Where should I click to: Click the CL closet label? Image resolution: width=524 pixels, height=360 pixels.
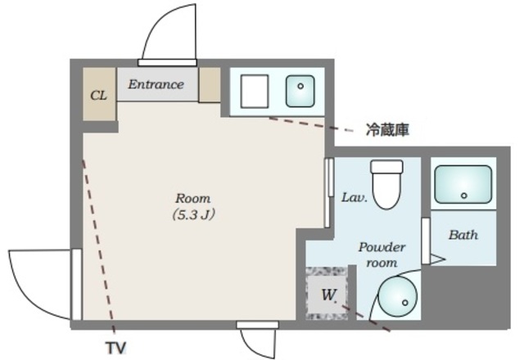98,96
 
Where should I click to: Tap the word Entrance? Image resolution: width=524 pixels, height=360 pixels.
156,84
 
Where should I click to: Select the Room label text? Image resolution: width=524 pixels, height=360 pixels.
193,198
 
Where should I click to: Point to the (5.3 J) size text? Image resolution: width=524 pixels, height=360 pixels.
193,214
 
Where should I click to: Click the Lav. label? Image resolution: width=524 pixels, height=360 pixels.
355,197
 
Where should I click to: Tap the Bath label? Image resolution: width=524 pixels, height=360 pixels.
463,235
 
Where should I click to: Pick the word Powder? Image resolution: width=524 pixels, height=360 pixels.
382,247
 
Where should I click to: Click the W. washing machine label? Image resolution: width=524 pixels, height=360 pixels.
328,295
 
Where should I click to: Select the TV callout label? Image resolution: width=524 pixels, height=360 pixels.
116,348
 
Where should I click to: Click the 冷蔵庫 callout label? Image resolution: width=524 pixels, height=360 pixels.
387,130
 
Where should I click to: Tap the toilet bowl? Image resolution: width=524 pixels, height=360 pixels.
387,185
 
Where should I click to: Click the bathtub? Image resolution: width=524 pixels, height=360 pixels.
463,184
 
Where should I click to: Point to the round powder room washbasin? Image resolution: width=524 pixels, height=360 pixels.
399,296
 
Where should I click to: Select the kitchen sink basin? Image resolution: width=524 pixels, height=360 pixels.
300,91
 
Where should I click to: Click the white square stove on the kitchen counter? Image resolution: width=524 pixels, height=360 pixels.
255,91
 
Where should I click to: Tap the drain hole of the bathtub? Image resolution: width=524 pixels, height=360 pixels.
463,196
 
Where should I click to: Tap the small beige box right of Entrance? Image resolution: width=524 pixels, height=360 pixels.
210,85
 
